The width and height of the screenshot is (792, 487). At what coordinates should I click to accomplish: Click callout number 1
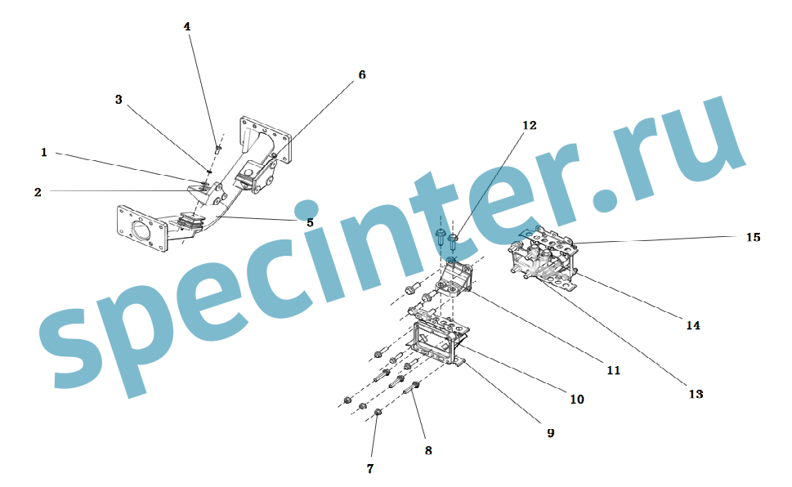[44, 152]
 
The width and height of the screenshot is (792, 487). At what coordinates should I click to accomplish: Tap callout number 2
[38, 192]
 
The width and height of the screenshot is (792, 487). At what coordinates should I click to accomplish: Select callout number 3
[119, 99]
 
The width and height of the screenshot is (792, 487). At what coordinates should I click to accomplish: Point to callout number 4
[187, 26]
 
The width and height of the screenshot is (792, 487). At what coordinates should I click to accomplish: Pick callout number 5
[310, 222]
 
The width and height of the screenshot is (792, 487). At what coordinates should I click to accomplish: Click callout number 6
[362, 75]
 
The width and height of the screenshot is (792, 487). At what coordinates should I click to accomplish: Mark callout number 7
[370, 469]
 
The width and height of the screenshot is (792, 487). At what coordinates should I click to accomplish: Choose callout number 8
[428, 450]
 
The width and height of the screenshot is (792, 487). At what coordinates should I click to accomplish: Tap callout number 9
[551, 433]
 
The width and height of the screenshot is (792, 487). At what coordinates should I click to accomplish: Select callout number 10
[577, 399]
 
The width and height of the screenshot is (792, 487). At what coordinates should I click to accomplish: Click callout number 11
[614, 370]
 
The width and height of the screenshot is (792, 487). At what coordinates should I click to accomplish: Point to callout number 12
[530, 125]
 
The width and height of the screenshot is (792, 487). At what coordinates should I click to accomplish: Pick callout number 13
[696, 394]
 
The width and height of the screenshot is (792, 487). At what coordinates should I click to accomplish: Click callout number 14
[693, 325]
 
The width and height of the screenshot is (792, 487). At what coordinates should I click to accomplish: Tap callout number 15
[753, 237]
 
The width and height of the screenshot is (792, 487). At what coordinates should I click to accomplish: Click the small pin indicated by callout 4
[218, 149]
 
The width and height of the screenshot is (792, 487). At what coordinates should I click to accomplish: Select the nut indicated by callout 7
[378, 413]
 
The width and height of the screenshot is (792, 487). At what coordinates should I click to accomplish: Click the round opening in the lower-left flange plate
[142, 231]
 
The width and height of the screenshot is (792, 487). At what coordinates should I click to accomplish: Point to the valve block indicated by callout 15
[544, 259]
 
